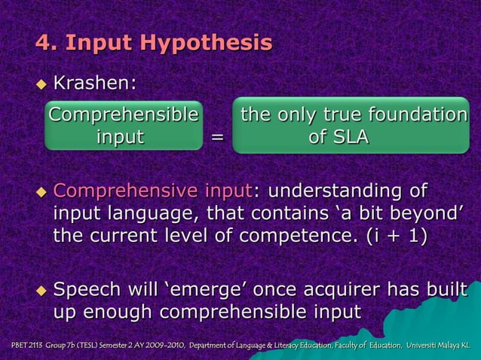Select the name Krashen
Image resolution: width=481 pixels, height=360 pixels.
pyautogui.click(x=94, y=83)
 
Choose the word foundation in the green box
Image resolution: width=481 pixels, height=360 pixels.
pyautogui.click(x=419, y=115)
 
